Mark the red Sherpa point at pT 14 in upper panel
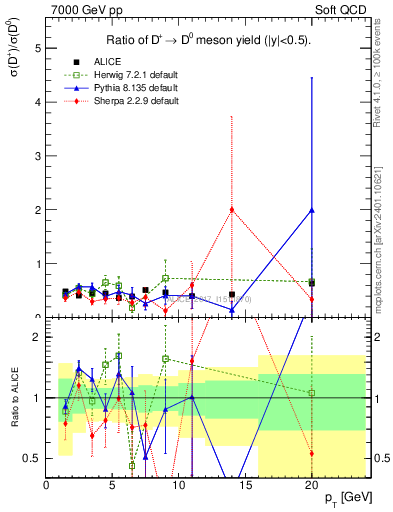[232, 209]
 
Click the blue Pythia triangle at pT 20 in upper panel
[312, 210]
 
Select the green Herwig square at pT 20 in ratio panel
[312, 392]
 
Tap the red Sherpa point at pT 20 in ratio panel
[312, 453]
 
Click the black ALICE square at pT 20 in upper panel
[312, 283]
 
